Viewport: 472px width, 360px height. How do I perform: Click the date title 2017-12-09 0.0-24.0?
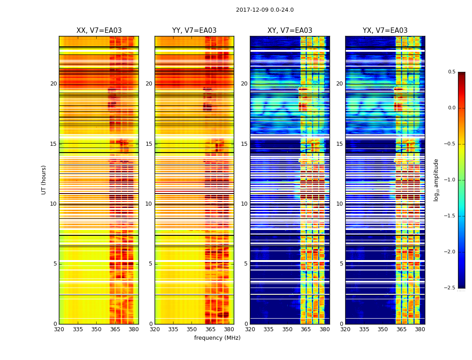pyautogui.click(x=265, y=10)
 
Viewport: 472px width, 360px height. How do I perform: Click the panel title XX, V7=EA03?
pyautogui.click(x=99, y=31)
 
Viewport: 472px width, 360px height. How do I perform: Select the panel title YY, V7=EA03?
pyautogui.click(x=194, y=31)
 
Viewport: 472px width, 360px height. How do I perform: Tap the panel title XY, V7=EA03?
pyautogui.click(x=290, y=31)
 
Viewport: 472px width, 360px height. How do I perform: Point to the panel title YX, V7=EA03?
pyautogui.click(x=385, y=31)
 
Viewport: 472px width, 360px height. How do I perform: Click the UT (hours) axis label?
pyautogui.click(x=44, y=180)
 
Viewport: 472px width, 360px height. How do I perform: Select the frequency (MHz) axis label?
pyautogui.click(x=217, y=338)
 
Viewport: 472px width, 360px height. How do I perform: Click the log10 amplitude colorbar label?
pyautogui.click(x=436, y=180)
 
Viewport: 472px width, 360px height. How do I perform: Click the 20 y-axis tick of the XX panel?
pyautogui.click(x=53, y=84)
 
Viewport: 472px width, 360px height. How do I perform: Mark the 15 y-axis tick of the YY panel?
pyautogui.click(x=149, y=144)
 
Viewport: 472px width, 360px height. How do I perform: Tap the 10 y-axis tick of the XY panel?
pyautogui.click(x=245, y=204)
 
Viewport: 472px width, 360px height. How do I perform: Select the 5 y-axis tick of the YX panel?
pyautogui.click(x=342, y=264)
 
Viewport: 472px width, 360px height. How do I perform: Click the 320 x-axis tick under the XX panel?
pyautogui.click(x=59, y=329)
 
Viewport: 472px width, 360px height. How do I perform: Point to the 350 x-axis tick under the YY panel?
pyautogui.click(x=191, y=329)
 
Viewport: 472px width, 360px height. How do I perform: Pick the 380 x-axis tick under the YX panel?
pyautogui.click(x=420, y=329)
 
